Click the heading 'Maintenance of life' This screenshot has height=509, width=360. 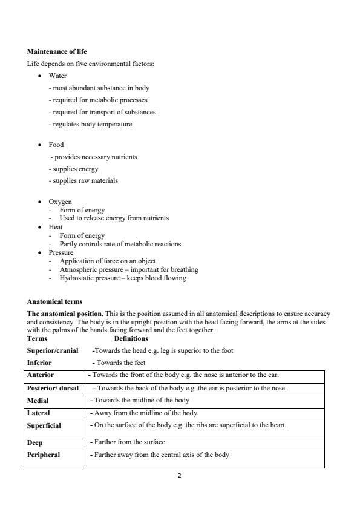[x=57, y=52]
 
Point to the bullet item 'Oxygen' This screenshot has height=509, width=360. [x=60, y=202]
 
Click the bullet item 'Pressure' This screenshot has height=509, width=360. [x=61, y=252]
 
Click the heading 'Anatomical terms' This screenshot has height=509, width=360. [x=54, y=301]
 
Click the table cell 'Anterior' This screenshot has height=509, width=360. [x=41, y=375]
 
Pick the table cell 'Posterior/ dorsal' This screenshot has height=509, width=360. [x=53, y=388]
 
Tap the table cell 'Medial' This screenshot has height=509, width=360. [x=38, y=401]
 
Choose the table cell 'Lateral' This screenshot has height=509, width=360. [x=39, y=413]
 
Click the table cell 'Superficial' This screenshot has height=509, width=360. [x=44, y=426]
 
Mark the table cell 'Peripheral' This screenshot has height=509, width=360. [x=44, y=455]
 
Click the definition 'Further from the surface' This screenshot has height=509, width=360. [x=128, y=442]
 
